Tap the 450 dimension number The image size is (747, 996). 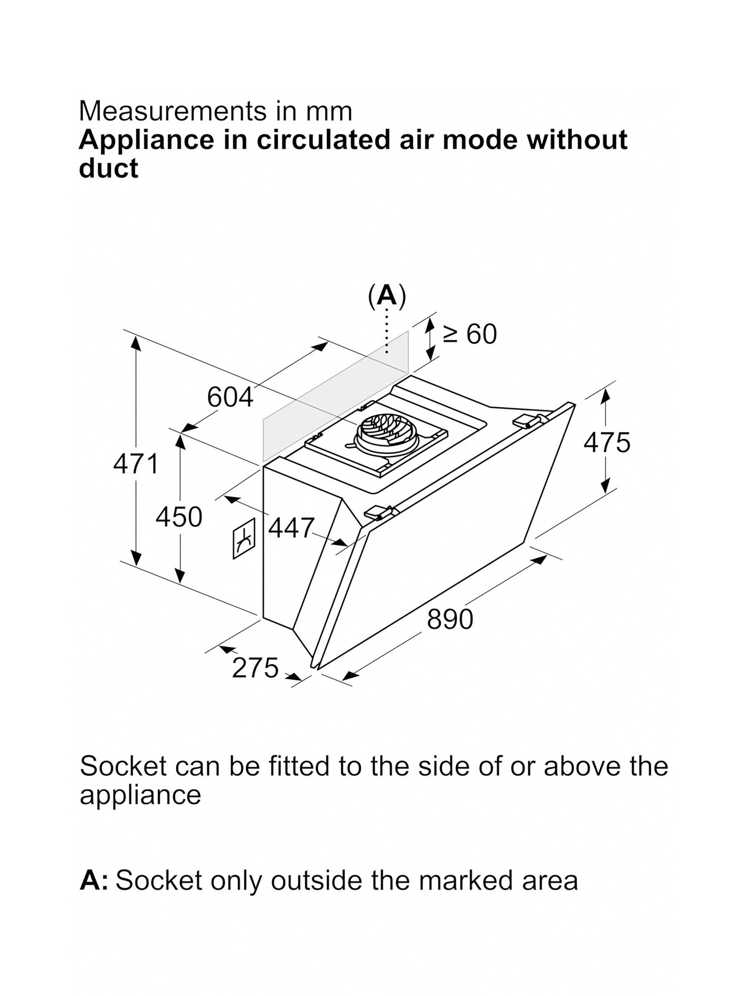coord(179,517)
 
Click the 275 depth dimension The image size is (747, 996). coord(255,667)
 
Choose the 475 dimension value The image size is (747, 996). coord(607,442)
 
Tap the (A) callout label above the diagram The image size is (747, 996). coord(387,296)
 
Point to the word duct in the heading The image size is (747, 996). coord(109,168)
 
